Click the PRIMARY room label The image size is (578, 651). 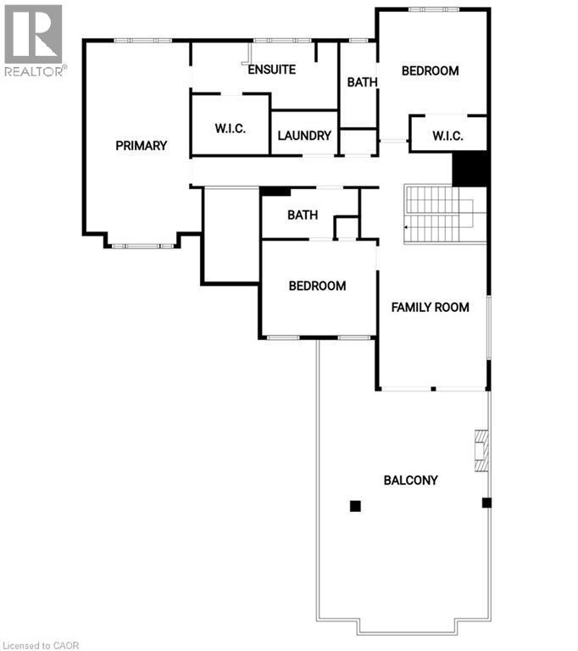coord(141,146)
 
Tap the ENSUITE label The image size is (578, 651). coord(271,70)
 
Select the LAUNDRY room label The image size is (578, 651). coord(304,136)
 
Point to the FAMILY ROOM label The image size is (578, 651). coord(430,307)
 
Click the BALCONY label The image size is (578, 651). coord(410,481)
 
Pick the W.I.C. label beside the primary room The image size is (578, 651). coord(230,129)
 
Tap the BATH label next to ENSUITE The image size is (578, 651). coord(362,82)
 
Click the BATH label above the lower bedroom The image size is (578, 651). coord(302,215)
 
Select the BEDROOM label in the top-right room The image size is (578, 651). coord(430,71)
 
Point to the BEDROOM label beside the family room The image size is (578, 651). coord(317,286)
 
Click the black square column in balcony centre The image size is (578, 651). coord(355,506)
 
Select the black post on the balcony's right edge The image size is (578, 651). coord(486,503)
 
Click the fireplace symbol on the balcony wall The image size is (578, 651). coord(481,448)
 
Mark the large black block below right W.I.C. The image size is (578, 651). coord(470,168)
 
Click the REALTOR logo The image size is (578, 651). coord(33,39)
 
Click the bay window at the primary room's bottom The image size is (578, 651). coord(142,245)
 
